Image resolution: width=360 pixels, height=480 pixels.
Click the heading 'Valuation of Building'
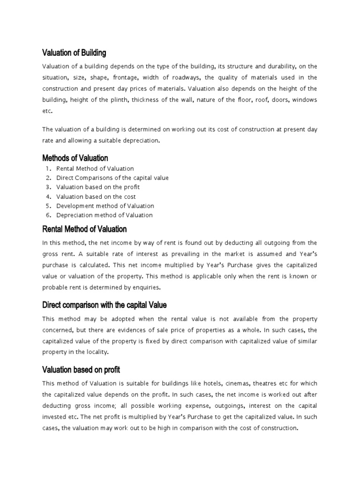[x=74, y=52]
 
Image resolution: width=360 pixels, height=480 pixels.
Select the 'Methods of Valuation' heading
[x=75, y=157]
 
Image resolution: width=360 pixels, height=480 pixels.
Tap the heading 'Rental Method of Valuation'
[x=84, y=229]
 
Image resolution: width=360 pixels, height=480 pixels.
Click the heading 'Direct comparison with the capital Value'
[x=104, y=305]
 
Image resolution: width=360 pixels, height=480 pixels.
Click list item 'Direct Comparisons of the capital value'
[x=112, y=178]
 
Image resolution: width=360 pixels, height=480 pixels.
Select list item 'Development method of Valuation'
[x=105, y=206]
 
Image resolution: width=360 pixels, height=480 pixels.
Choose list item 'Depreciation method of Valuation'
[x=105, y=215]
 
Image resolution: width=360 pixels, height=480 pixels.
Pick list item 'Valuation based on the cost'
[x=96, y=196]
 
